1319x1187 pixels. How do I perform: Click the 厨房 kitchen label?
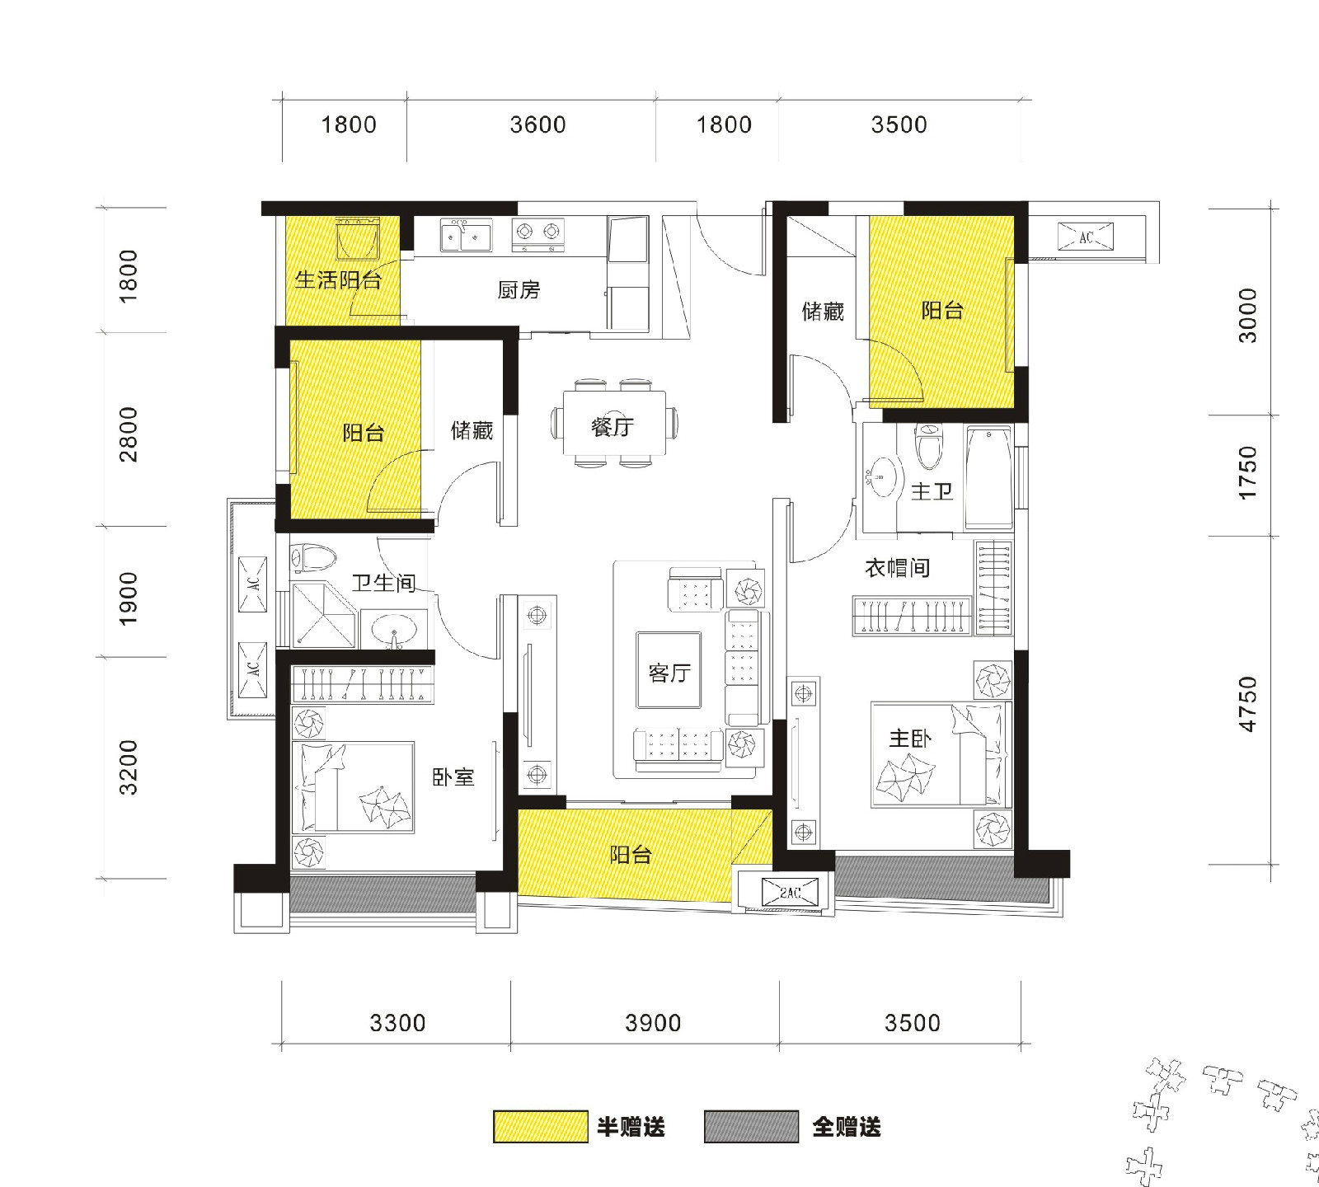pos(519,290)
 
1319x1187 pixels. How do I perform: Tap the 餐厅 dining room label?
pos(613,426)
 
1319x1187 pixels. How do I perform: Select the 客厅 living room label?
pos(669,673)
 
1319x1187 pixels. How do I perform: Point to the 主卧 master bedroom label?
pos(910,738)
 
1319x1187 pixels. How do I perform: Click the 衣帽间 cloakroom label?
pos(897,567)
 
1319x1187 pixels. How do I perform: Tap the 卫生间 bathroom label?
pos(384,583)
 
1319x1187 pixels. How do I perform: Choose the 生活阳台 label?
pos(338,280)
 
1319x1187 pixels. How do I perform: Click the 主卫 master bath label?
pos(932,491)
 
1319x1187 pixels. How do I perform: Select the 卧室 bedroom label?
pos(453,776)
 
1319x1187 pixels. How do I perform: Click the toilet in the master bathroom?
pos(928,445)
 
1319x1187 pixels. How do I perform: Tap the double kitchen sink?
pos(466,235)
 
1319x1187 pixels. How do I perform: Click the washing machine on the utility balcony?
pos(358,240)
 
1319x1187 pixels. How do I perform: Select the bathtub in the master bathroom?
pos(988,477)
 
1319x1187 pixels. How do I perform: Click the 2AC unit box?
pos(791,893)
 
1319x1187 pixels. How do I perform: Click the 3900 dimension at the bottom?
pos(653,1023)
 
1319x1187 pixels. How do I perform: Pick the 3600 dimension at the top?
pos(537,124)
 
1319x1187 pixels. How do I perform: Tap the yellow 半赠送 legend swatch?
pos(541,1127)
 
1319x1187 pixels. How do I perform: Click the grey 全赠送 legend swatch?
pos(752,1127)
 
